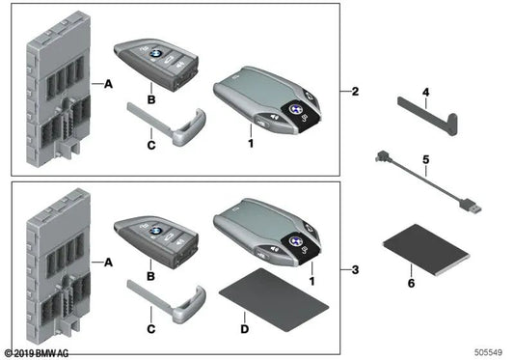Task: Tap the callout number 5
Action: [x=424, y=158]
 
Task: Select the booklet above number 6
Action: [x=425, y=248]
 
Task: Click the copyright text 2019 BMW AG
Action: [x=39, y=352]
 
